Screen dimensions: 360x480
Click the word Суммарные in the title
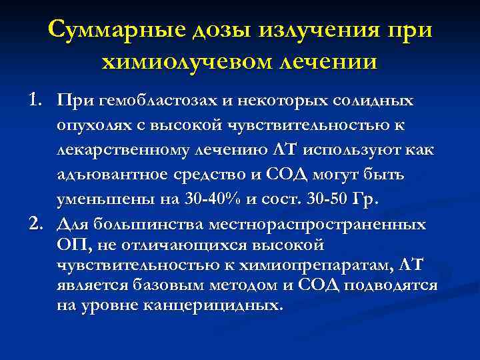point(114,30)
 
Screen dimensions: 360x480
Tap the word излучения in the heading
point(320,30)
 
